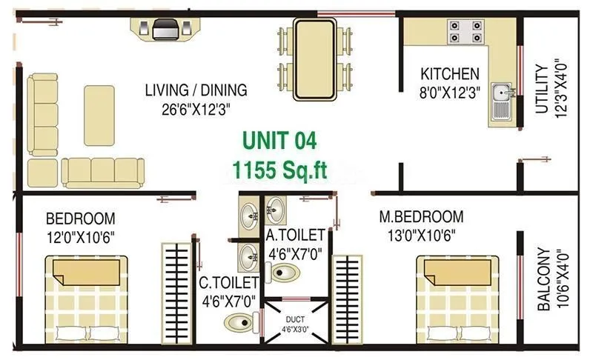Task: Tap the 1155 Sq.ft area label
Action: click(x=278, y=170)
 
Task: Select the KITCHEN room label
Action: click(x=450, y=74)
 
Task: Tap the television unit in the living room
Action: click(x=165, y=29)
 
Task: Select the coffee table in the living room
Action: click(x=99, y=115)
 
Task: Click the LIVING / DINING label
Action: click(x=196, y=91)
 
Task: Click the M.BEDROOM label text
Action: click(x=421, y=217)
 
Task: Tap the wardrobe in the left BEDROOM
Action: click(x=177, y=289)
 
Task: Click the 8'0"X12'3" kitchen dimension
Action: click(x=450, y=92)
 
